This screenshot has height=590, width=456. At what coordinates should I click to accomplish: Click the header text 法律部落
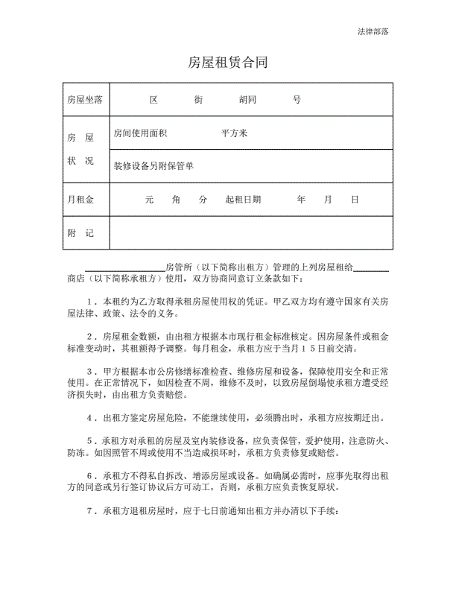click(373, 32)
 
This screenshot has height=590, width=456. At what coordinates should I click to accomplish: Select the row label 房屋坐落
click(84, 99)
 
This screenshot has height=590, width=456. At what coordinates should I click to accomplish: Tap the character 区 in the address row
click(154, 99)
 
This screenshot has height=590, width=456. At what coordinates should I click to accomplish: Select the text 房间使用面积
click(140, 133)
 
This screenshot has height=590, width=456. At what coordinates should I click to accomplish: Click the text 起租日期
click(243, 200)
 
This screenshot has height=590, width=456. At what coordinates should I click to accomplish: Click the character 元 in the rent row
click(149, 200)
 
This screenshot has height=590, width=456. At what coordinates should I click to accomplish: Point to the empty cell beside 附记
click(250, 233)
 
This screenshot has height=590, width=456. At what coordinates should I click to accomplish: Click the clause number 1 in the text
click(89, 302)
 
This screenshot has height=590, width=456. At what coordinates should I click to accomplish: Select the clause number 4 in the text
click(89, 417)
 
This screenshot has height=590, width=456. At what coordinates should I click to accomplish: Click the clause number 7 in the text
click(89, 510)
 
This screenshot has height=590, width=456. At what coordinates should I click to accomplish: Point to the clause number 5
click(89, 440)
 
